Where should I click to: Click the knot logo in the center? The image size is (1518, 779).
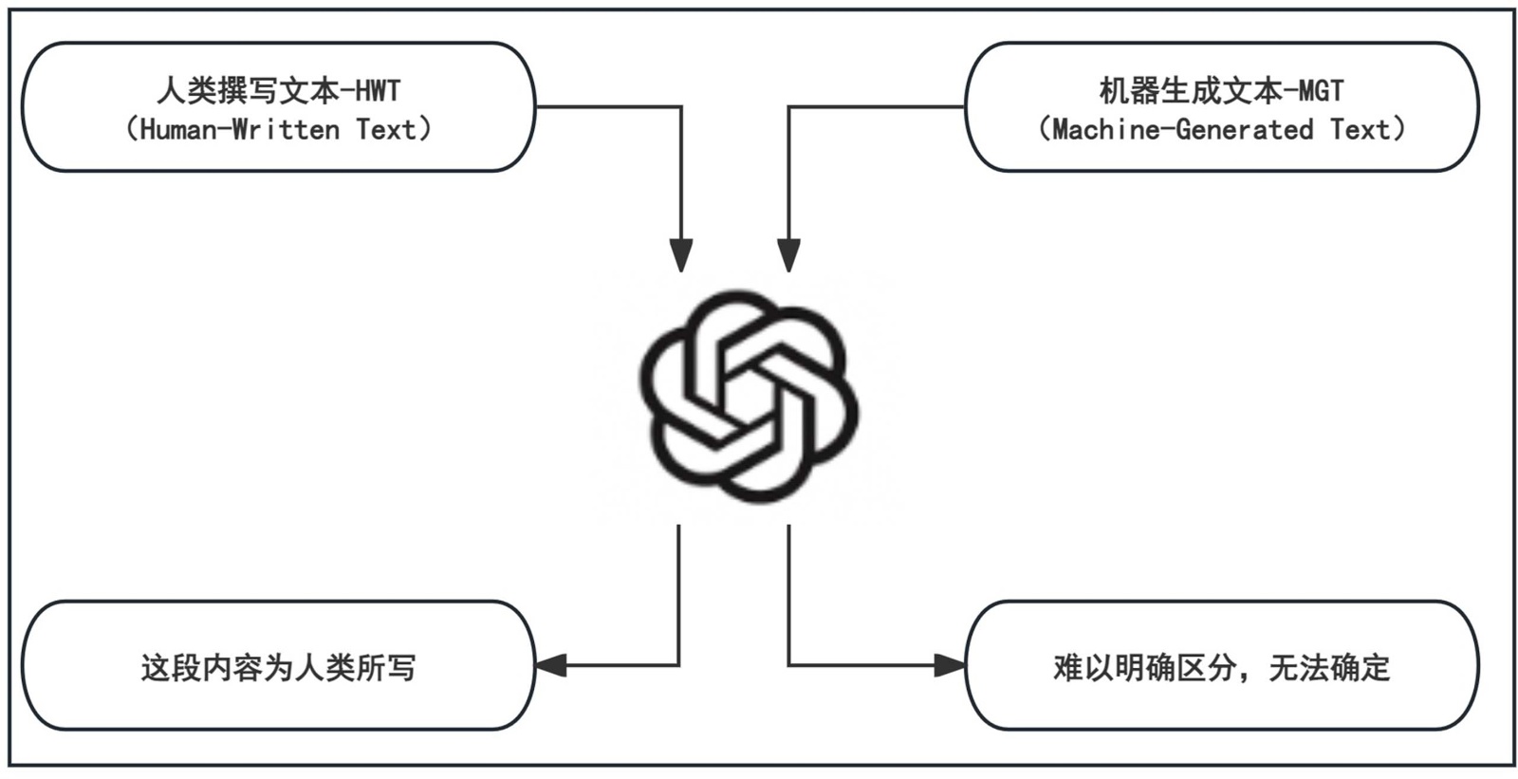point(749,397)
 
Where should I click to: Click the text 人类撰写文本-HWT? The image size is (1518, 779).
point(278,91)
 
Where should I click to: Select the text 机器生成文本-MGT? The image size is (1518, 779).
point(1221,91)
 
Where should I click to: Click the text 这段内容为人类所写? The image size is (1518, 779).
point(278,668)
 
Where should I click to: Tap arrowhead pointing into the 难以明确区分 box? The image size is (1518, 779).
point(950,665)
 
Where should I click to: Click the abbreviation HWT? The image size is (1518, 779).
point(378,91)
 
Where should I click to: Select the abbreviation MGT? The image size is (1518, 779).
point(1321,91)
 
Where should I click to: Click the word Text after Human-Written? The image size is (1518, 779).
point(385,129)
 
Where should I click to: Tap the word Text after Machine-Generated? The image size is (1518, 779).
point(1360,129)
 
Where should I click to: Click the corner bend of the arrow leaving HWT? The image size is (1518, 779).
point(680,107)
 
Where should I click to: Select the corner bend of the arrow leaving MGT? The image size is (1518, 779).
point(788,107)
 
